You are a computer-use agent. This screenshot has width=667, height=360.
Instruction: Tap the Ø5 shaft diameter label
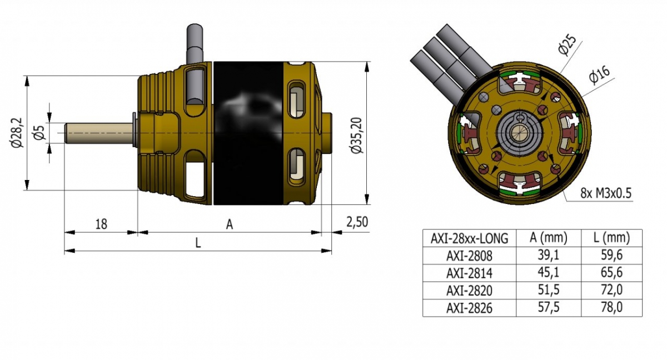pyautogui.click(x=39, y=133)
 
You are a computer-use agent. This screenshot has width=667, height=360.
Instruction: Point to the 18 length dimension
pyautogui.click(x=101, y=224)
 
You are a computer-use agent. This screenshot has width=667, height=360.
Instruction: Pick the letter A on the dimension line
pyautogui.click(x=229, y=224)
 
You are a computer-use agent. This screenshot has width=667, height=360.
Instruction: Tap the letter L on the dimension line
pyautogui.click(x=198, y=243)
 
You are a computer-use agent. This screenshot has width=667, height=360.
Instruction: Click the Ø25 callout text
pyautogui.click(x=567, y=45)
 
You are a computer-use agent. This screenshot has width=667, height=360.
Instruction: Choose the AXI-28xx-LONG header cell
pyautogui.click(x=469, y=238)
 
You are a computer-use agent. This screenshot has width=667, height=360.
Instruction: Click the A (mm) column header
pyautogui.click(x=548, y=238)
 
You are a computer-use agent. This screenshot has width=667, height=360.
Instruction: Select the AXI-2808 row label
pyautogui.click(x=469, y=256)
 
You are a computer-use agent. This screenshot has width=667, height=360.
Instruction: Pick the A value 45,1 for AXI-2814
pyautogui.click(x=548, y=273)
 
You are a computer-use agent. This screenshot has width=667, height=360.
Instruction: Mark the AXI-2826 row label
pyautogui.click(x=469, y=307)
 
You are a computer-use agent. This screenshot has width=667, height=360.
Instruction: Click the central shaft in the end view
pyautogui.click(x=520, y=133)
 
